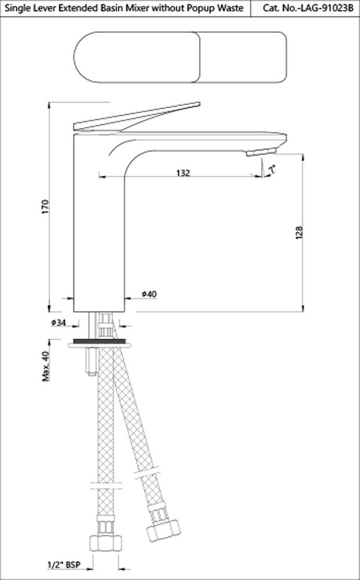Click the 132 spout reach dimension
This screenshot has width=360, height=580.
click(x=183, y=172)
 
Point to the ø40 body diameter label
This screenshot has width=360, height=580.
click(x=149, y=294)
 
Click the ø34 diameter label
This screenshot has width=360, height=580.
click(x=60, y=322)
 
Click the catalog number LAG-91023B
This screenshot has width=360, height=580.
click(x=307, y=8)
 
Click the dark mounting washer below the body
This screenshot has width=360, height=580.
click(x=98, y=342)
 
